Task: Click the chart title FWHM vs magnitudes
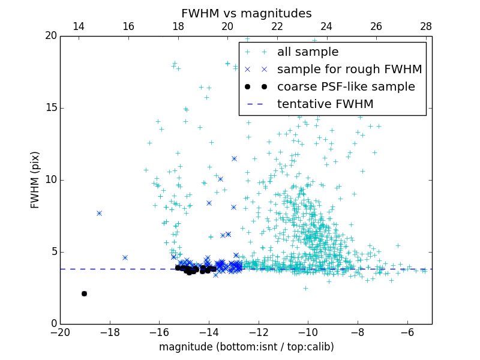tap(246, 13)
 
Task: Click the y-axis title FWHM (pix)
tap(35, 180)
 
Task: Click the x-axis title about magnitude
tap(246, 347)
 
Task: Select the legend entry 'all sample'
tap(307, 52)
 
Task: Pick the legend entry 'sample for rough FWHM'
tap(349, 70)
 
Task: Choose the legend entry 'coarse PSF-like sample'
tap(346, 87)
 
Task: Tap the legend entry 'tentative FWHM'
tap(325, 104)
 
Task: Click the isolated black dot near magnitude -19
tap(84, 293)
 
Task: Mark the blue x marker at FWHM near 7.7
tap(99, 213)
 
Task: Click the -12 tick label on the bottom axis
tap(258, 332)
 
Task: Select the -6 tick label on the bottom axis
tap(407, 332)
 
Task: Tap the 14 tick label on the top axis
tap(79, 26)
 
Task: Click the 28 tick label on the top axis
tap(426, 26)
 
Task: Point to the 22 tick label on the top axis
tap(277, 26)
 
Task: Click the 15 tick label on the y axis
tap(50, 108)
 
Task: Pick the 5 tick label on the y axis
tap(53, 252)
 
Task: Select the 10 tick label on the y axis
tap(50, 180)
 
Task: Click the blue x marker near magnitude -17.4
tap(125, 257)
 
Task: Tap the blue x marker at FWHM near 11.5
tap(234, 158)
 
